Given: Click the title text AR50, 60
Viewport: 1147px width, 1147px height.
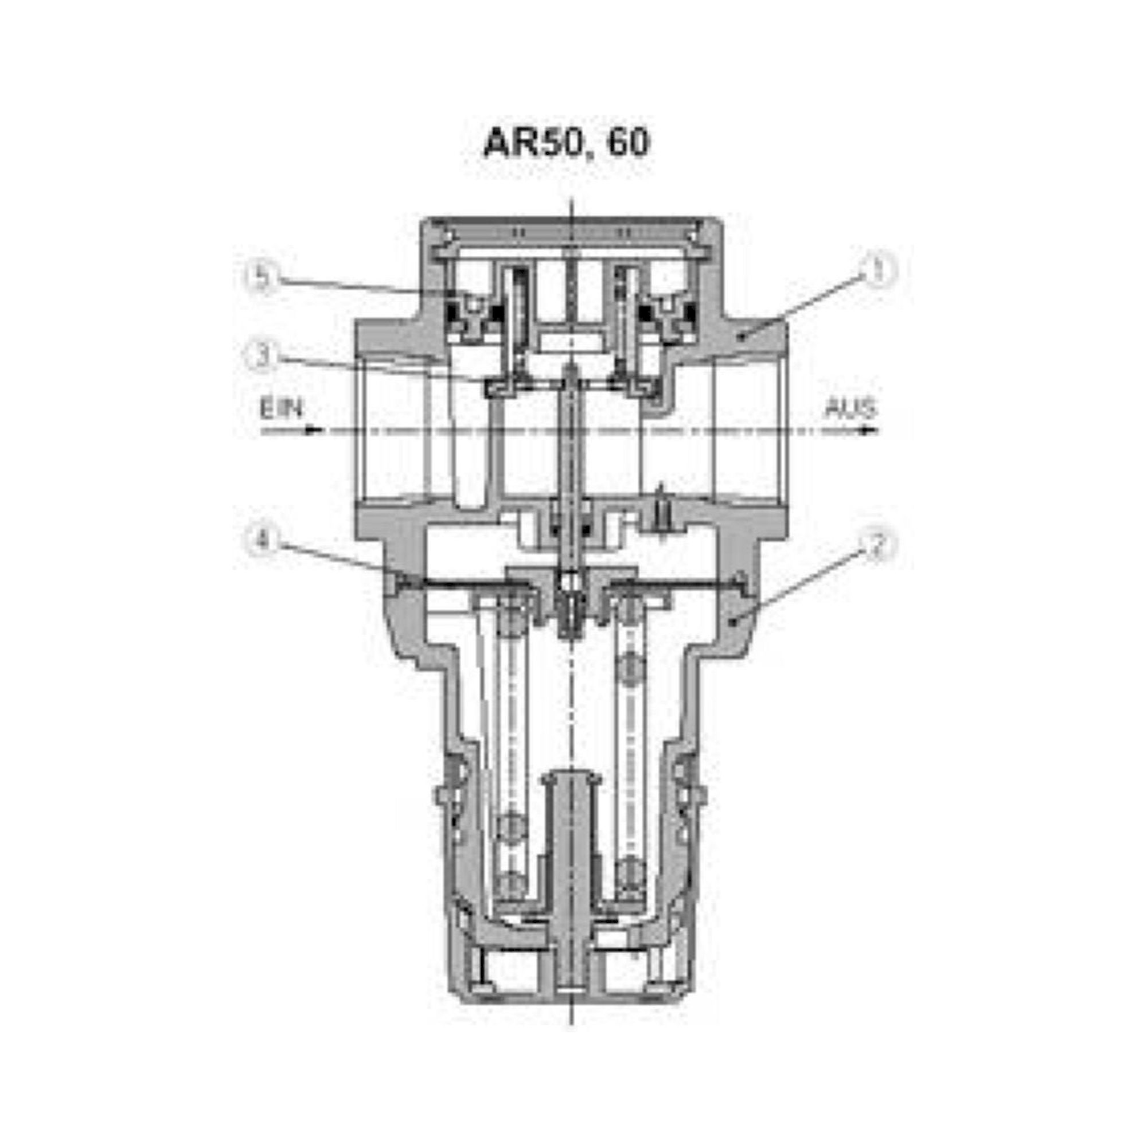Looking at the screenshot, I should point(567,143).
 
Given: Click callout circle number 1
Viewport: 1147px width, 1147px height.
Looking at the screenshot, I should point(878,271).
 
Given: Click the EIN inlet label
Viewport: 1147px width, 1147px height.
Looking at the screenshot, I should point(282,409).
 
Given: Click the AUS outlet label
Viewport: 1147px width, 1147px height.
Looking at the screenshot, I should point(850,409).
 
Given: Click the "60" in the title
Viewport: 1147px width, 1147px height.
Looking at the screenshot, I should point(628,143).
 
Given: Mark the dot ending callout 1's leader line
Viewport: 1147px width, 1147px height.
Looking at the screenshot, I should point(740,337).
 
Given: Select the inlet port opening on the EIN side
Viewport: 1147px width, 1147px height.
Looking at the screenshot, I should point(392,432).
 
